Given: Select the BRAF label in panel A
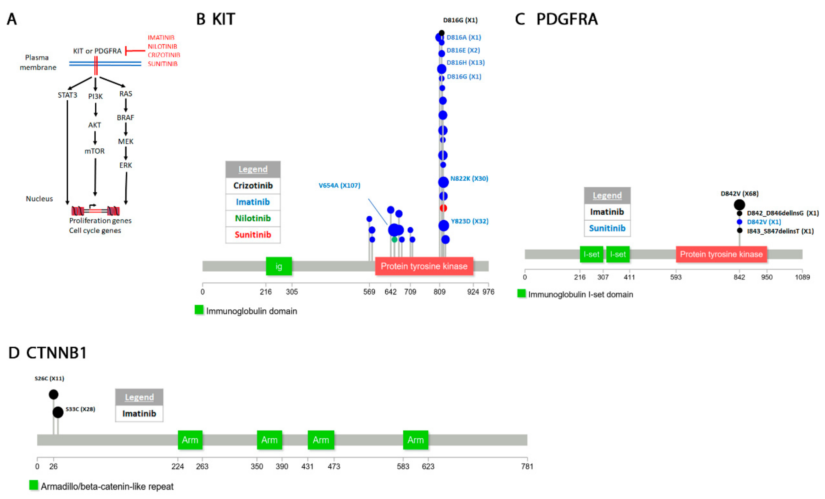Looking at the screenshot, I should point(125,117).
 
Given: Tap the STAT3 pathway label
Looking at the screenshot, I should point(67,95).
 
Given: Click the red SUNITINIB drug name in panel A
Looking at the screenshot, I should point(163,64).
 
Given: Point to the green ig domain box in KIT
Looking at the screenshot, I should point(279,266).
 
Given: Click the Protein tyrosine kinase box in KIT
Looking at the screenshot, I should point(424,266).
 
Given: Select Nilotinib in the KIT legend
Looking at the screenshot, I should point(253,218).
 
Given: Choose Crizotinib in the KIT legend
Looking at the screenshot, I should point(253,185).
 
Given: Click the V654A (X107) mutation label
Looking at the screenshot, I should point(339,185).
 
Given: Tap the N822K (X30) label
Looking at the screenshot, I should point(469,178).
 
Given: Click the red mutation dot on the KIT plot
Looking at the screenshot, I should point(443,208).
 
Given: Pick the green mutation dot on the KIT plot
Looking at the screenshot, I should point(394,239).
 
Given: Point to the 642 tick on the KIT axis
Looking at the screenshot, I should point(390,292).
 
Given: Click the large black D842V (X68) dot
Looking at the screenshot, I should point(739,205).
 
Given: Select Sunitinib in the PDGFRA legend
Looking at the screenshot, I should point(607,228).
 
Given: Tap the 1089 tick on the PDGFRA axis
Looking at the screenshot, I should point(802,277).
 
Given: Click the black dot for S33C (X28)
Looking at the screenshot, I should point(58,412).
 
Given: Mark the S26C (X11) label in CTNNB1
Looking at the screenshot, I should point(49,379).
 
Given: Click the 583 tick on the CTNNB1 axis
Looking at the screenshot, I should point(403,466).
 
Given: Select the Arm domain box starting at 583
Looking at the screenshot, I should point(416,440).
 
